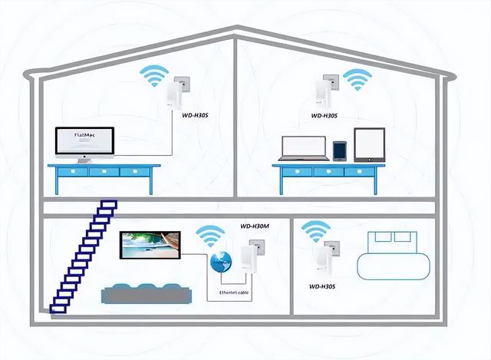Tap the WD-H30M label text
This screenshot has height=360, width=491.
[x=255, y=226]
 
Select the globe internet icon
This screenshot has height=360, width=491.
[x=219, y=263]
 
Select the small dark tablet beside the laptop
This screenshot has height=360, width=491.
[x=340, y=150]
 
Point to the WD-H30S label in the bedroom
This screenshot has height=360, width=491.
[x=325, y=286]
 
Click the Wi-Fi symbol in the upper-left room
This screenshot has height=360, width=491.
[x=154, y=78]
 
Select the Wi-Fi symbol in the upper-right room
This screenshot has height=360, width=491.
[x=356, y=79]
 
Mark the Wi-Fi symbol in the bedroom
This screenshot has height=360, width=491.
[x=315, y=230]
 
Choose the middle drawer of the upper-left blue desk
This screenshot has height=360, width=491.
[x=103, y=172]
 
